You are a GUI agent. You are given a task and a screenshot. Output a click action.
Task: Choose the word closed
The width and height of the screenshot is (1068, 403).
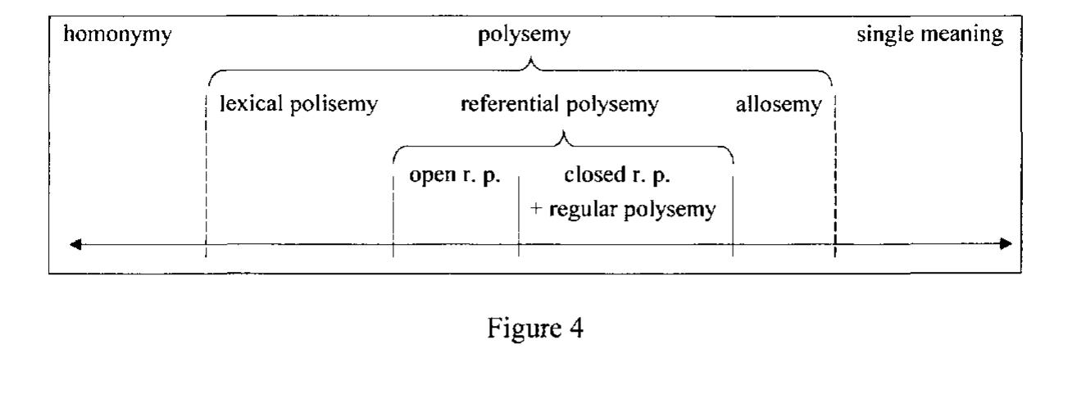coord(593,177)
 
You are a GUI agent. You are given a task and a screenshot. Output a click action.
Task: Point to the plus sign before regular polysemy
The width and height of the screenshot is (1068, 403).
coord(529,210)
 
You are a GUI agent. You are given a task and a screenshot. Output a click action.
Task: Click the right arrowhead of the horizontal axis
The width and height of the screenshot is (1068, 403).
coord(1007,244)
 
